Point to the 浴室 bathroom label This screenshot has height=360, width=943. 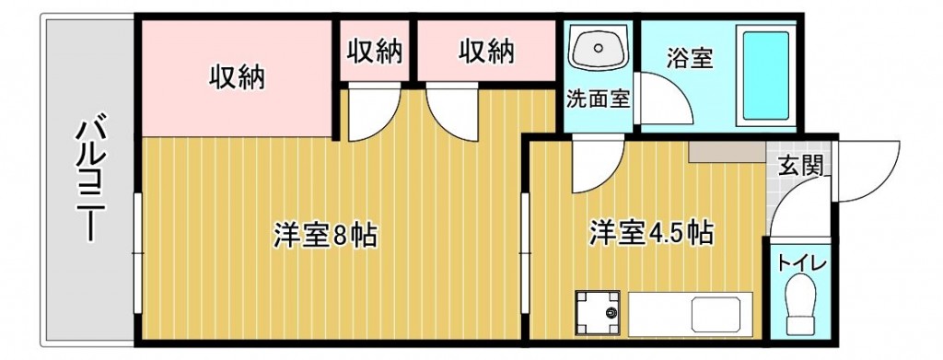(x=689, y=57)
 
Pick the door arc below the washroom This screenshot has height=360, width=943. (x=594, y=166)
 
